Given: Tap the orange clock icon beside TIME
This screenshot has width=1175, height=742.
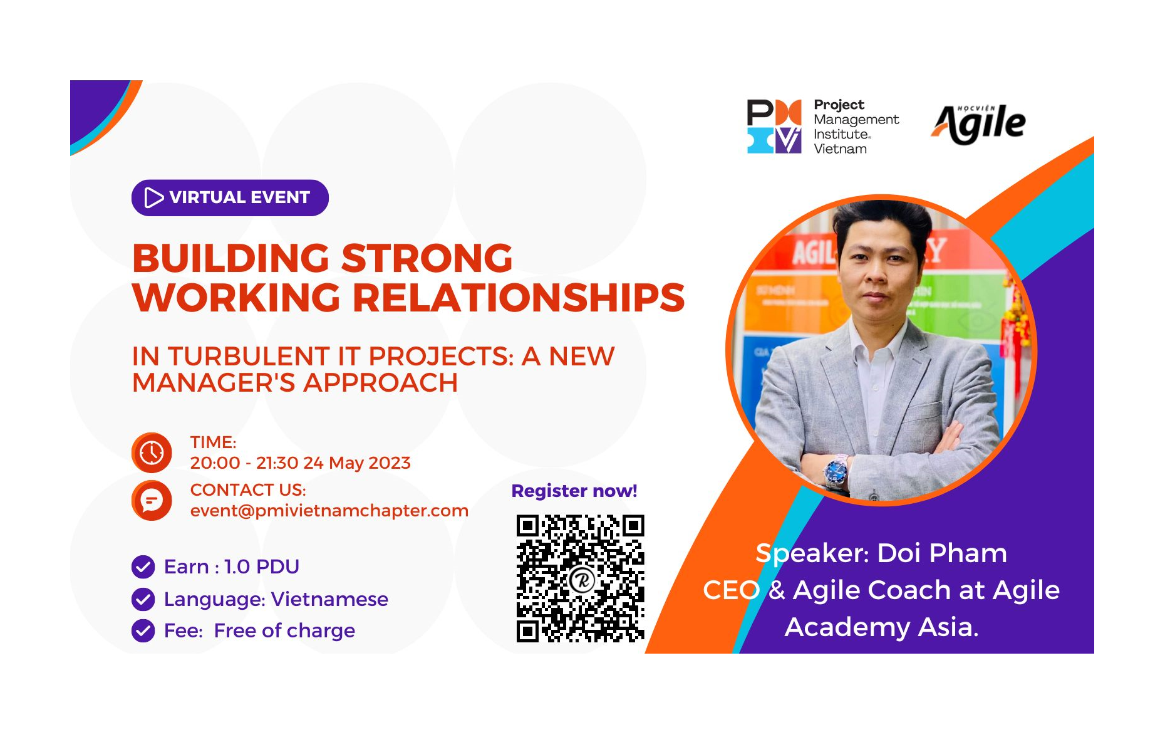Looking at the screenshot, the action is (x=152, y=452).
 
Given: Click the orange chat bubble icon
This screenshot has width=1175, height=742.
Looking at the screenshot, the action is (x=152, y=500).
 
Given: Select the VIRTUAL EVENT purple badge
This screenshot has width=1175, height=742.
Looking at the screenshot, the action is (x=230, y=198).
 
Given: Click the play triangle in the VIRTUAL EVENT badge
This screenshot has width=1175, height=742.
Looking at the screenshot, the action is (x=153, y=197).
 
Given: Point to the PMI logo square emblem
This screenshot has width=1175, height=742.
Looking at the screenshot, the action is (x=774, y=127).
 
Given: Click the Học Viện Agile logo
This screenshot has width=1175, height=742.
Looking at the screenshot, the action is (x=979, y=124).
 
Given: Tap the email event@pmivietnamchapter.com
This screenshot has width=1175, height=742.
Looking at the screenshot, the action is (x=329, y=511).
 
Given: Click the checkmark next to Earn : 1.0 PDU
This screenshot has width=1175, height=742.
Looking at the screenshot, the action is (x=143, y=567).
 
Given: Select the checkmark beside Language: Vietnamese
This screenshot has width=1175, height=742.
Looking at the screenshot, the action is (x=143, y=599).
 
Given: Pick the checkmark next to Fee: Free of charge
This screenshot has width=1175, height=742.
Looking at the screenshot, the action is (x=143, y=630).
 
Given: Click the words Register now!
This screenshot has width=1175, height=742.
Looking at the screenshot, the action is (x=574, y=491).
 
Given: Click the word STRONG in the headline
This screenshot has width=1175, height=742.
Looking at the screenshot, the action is (x=427, y=258).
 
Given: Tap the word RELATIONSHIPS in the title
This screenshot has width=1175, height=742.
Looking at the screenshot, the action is (x=519, y=298).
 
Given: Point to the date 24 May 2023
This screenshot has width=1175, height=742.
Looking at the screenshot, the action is (x=357, y=463).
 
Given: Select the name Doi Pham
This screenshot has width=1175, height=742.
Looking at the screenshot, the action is (x=942, y=553).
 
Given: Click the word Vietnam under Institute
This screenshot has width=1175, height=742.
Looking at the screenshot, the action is (x=841, y=149).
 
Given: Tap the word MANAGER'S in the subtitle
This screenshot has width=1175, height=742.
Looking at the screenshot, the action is (x=214, y=383).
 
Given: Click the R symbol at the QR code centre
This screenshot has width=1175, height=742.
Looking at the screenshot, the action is (x=582, y=580).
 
